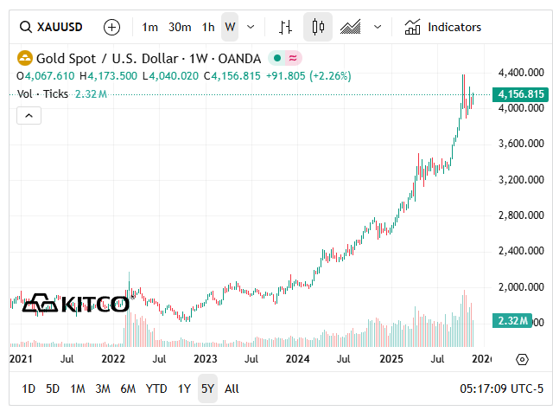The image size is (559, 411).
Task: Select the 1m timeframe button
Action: (x=150, y=27)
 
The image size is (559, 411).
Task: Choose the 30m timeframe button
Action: (x=180, y=27)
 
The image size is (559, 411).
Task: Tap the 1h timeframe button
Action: (x=208, y=27)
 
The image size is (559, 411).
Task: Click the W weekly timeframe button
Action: (x=230, y=27)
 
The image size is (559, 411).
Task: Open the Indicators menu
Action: (x=443, y=27)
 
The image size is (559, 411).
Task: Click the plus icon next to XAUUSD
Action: (x=111, y=27)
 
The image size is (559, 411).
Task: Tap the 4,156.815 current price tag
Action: (x=521, y=93)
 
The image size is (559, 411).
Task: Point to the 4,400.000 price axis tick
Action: (x=521, y=72)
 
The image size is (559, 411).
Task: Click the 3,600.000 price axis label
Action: (x=521, y=144)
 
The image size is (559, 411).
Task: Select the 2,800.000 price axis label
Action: (x=521, y=215)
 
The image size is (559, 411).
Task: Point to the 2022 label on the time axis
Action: (x=113, y=358)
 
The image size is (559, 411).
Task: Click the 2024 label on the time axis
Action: (x=297, y=358)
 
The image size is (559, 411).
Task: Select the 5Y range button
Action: (x=207, y=389)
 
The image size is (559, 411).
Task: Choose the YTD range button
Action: (x=156, y=389)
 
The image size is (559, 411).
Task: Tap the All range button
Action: (x=232, y=389)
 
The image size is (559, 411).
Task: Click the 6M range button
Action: (x=128, y=389)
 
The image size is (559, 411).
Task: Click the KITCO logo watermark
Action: (x=75, y=303)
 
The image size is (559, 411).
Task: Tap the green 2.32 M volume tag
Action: (x=521, y=322)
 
